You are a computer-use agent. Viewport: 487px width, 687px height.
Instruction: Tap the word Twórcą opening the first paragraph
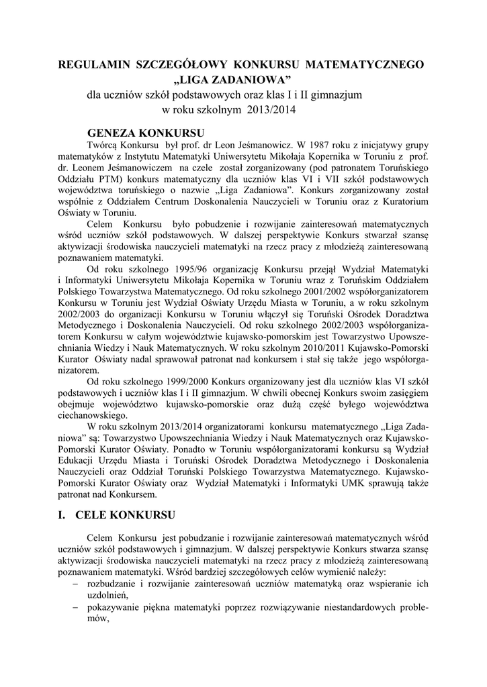(x=102, y=146)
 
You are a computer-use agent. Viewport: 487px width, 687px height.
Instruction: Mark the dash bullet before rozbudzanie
(x=75, y=584)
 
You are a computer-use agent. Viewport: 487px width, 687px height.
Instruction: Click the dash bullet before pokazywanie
(x=75, y=607)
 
